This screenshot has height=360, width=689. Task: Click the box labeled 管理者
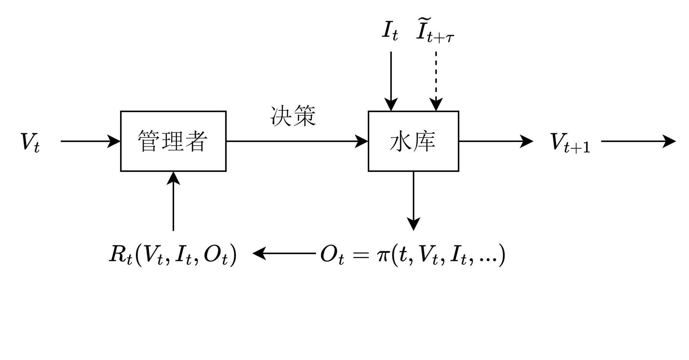pyautogui.click(x=173, y=141)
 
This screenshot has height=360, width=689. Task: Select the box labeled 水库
pyautogui.click(x=413, y=141)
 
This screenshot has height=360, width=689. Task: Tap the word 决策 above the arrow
pyautogui.click(x=293, y=116)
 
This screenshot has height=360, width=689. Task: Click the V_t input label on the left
pyautogui.click(x=30, y=142)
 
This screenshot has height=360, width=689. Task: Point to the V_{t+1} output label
pyautogui.click(x=570, y=143)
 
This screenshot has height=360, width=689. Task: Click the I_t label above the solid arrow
pyautogui.click(x=390, y=30)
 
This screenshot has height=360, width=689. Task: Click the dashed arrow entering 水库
pyautogui.click(x=436, y=80)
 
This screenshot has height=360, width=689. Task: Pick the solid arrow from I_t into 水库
pyautogui.click(x=391, y=80)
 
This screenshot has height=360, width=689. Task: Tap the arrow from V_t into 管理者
pyautogui.click(x=90, y=141)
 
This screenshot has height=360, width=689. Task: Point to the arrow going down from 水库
pyautogui.click(x=413, y=200)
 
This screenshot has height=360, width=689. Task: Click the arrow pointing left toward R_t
pyautogui.click(x=284, y=253)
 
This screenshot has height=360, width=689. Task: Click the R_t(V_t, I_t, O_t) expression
pyautogui.click(x=173, y=254)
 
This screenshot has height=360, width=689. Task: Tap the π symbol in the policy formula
pyautogui.click(x=382, y=255)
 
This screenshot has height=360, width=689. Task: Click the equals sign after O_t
pyautogui.click(x=361, y=254)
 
